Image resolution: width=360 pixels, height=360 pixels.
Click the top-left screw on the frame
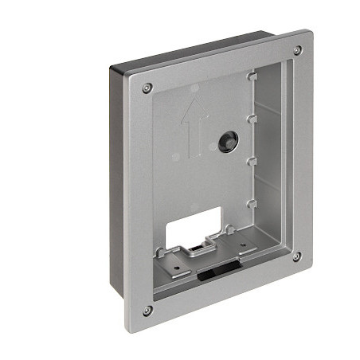coord(147,88)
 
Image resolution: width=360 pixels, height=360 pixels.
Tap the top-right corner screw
coord(297,49)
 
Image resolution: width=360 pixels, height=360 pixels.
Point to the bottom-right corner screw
coord(296,256)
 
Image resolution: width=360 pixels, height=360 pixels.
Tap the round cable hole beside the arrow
coord(226,142)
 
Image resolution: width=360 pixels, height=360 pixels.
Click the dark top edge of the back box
coord(199,49)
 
